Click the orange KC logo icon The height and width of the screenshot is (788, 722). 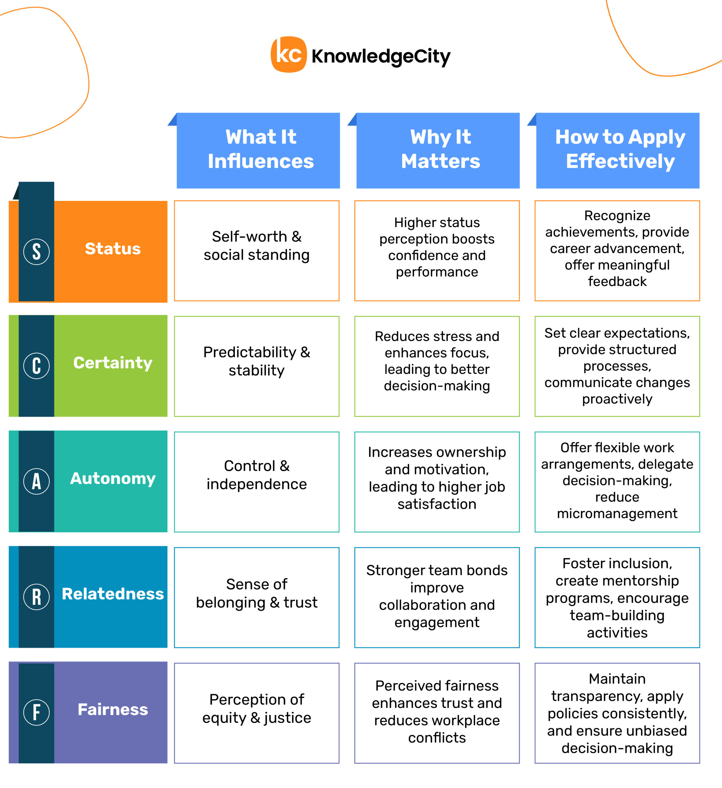tap(289, 54)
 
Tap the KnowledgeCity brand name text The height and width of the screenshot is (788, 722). tap(381, 56)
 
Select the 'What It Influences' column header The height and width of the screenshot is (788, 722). tap(258, 151)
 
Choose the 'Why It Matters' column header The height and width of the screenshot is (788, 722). tap(438, 151)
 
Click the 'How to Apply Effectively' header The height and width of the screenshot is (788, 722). tap(618, 151)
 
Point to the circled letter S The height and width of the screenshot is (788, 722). tap(36, 251)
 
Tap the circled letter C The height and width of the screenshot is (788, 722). tap(36, 365)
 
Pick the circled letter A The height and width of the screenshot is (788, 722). tap(36, 481)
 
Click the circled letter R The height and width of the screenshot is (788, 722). tap(36, 597)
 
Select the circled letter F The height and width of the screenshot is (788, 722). tap(36, 712)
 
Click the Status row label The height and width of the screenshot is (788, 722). tap(113, 249)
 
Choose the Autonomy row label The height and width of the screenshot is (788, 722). tap(113, 478)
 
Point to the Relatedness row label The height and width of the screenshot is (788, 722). tap(113, 594)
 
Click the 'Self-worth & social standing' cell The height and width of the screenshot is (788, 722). tap(257, 251)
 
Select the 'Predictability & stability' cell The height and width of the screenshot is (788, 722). tap(257, 366)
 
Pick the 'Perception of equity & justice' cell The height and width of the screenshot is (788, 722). tap(257, 713)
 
